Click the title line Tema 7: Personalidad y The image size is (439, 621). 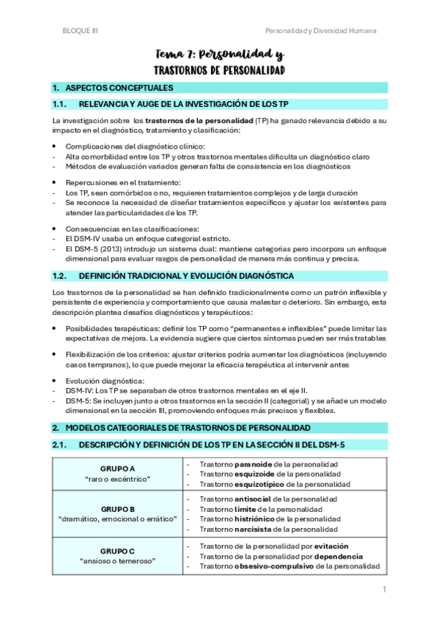click(220, 55)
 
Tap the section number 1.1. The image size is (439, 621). click(60, 104)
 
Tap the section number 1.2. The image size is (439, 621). click(60, 276)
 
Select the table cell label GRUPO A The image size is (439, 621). click(117, 468)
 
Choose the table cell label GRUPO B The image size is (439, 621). click(117, 509)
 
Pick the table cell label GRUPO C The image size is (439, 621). click(117, 551)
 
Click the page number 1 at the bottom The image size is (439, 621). click(383, 590)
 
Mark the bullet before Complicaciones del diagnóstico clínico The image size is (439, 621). click(55, 146)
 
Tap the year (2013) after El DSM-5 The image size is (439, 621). click(100, 248)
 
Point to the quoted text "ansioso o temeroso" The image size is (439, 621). click(117, 561)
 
